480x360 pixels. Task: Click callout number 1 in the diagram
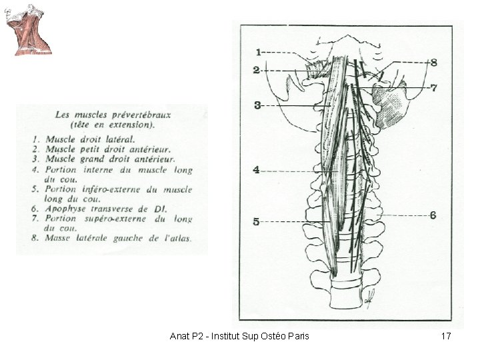[259, 53]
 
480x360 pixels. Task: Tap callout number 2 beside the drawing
[256, 70]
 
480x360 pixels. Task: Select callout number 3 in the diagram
[257, 105]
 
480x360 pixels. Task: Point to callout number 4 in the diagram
[256, 169]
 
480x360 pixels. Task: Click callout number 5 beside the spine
[256, 221]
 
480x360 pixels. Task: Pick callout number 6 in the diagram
[433, 215]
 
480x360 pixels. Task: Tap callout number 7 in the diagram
[434, 88]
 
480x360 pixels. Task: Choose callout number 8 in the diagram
[434, 63]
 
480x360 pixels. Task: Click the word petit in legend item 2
[90, 149]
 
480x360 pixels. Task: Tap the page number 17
[446, 336]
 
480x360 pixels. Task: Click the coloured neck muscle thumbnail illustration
[28, 30]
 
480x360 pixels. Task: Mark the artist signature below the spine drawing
[369, 297]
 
